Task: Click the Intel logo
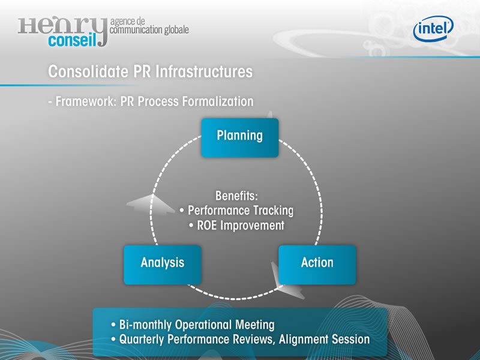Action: pyautogui.click(x=433, y=28)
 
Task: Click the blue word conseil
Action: pyautogui.click(x=72, y=40)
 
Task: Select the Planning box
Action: pyautogui.click(x=239, y=138)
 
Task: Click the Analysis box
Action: pyautogui.click(x=163, y=265)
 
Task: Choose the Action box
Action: pyautogui.click(x=317, y=265)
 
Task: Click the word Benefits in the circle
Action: pyautogui.click(x=236, y=196)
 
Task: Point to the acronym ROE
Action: pyautogui.click(x=207, y=226)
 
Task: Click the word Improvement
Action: pyautogui.click(x=253, y=226)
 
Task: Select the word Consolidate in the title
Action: pyautogui.click(x=88, y=71)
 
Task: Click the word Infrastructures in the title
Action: pyautogui.click(x=204, y=71)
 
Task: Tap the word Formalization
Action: pyautogui.click(x=218, y=101)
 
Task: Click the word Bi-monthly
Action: pyautogui.click(x=145, y=325)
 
